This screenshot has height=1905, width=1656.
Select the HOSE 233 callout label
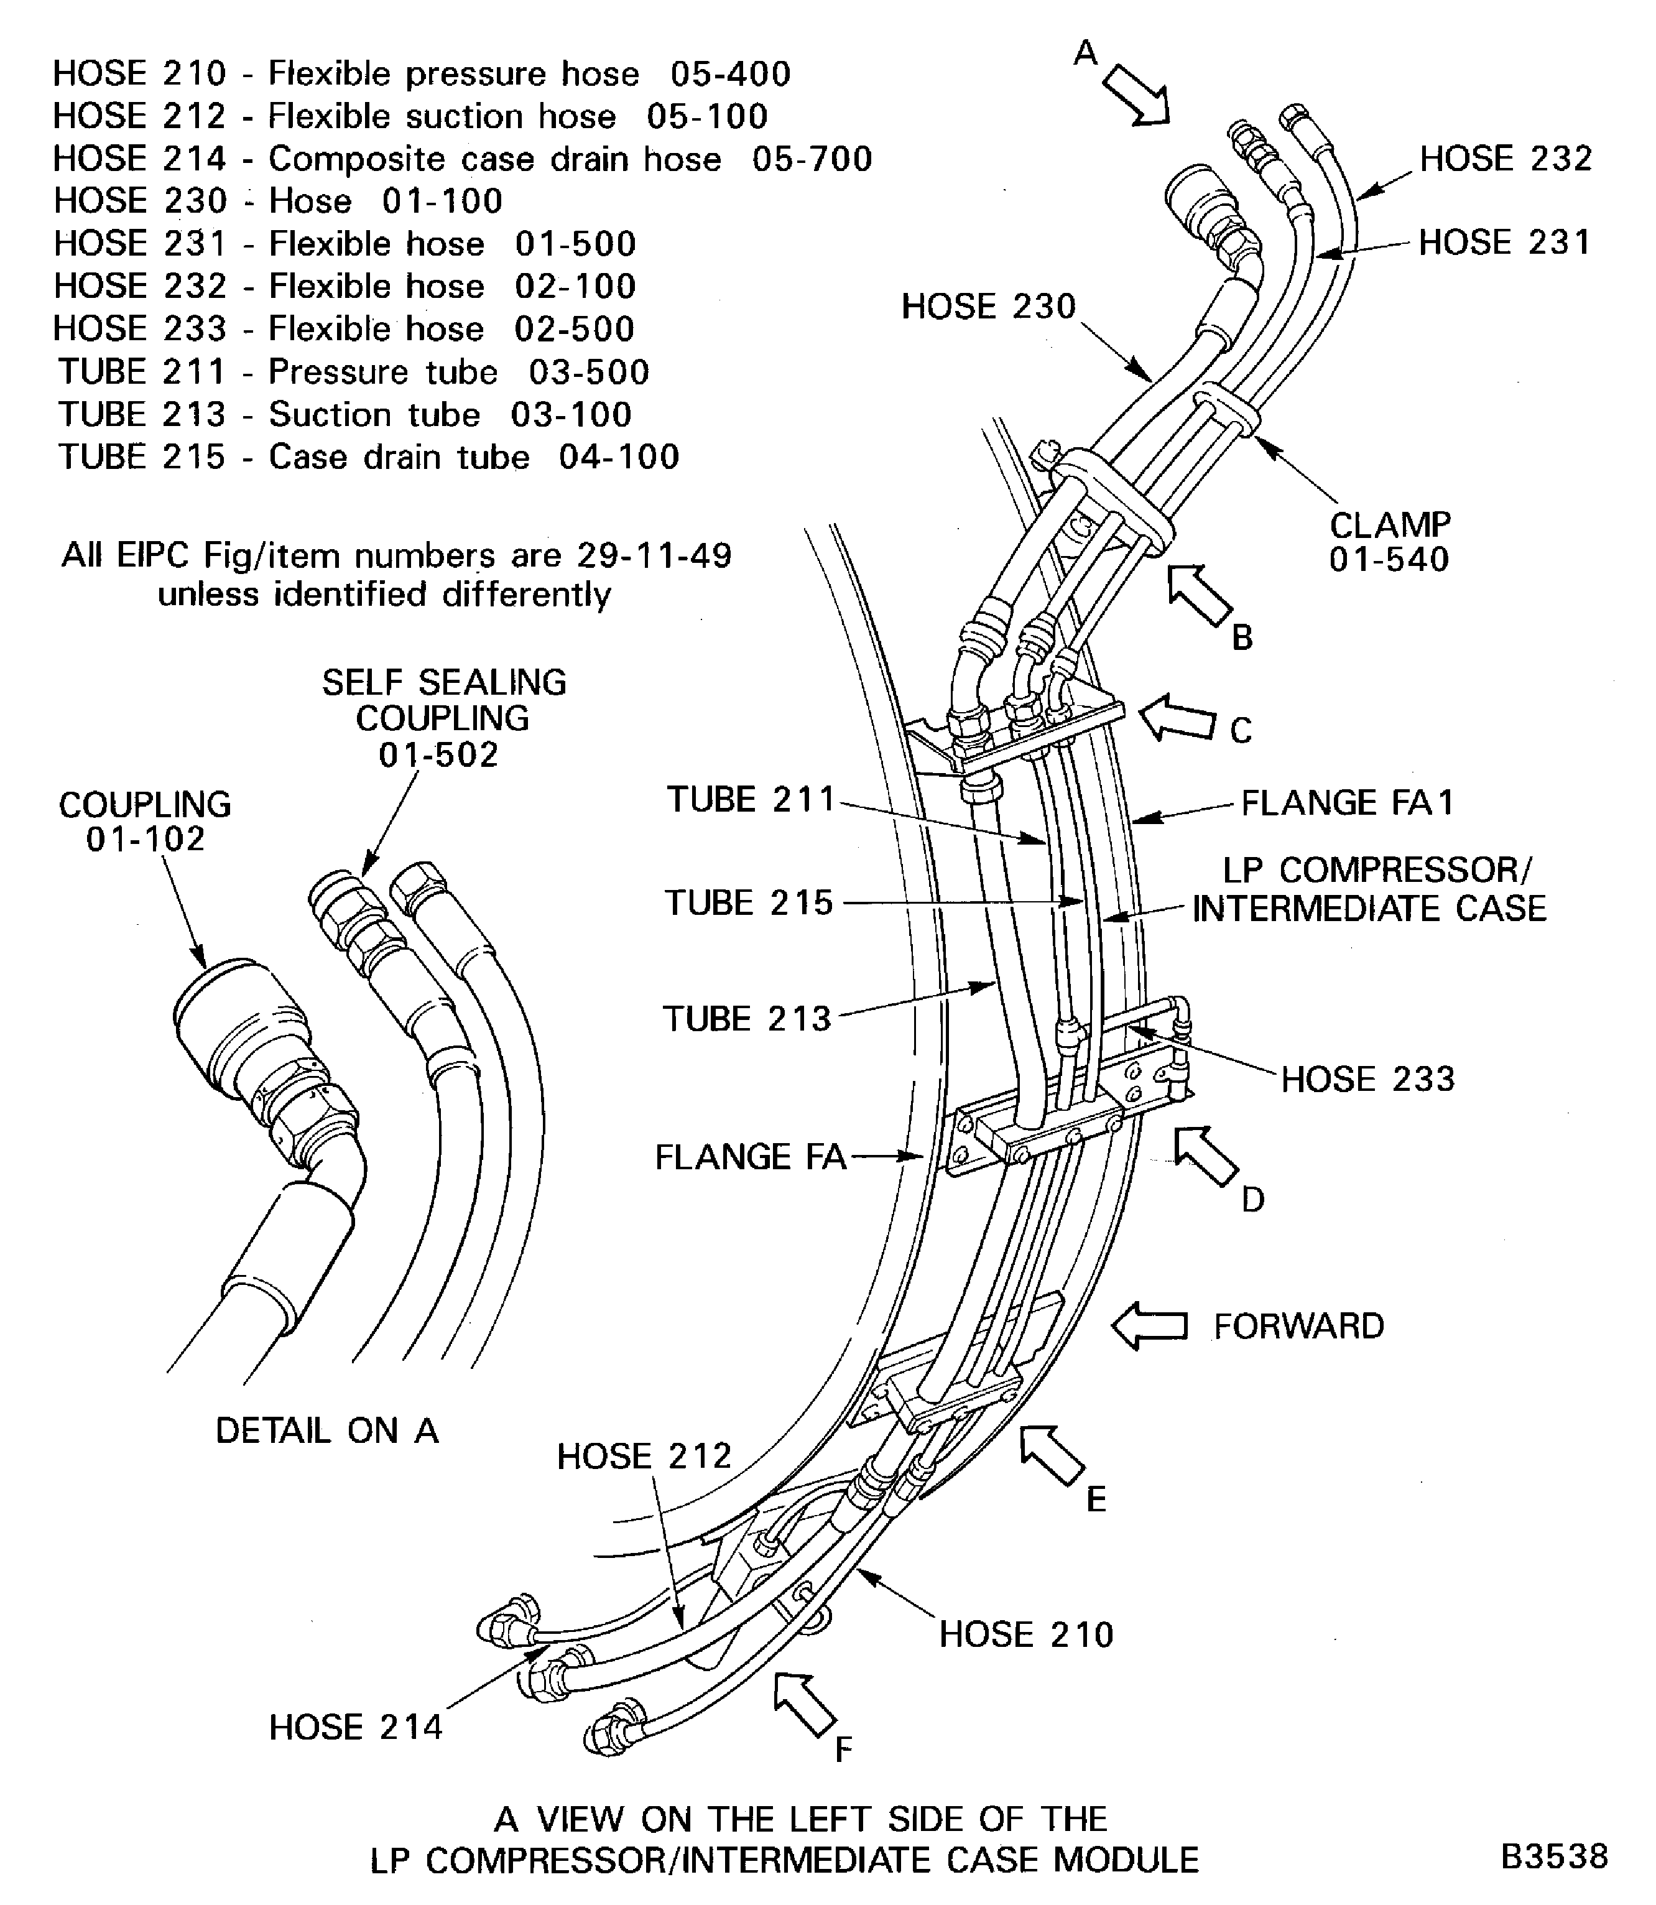(x=1367, y=1078)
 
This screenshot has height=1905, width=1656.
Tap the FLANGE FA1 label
(x=1346, y=803)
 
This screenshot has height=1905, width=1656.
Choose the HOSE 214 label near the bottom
(x=356, y=1728)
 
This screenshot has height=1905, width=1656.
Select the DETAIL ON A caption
(x=326, y=1431)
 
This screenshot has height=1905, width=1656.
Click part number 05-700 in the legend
(x=812, y=159)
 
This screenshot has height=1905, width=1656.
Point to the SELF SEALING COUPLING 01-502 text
(x=443, y=718)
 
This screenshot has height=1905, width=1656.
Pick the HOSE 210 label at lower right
(x=1026, y=1634)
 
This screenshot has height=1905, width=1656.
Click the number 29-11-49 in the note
(x=654, y=555)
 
